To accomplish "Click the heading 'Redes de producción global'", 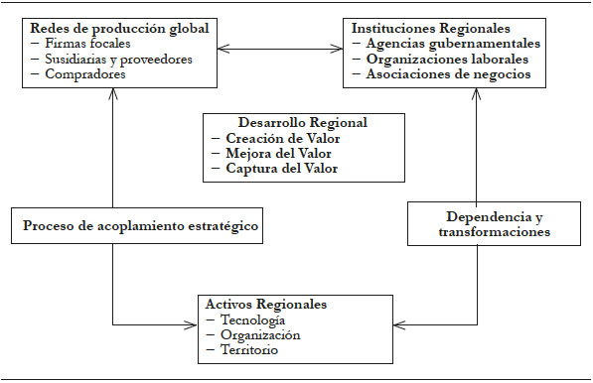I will (108, 29).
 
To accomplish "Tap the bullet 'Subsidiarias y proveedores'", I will (117, 59).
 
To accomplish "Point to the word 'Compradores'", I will (85, 73).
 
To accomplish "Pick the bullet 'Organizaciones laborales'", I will (448, 59).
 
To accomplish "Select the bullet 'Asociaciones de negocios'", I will (448, 73).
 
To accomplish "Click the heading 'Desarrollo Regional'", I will (303, 122).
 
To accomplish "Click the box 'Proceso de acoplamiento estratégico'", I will (139, 225).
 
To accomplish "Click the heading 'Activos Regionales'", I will (265, 304).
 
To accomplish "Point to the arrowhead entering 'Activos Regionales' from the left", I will (191, 323).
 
